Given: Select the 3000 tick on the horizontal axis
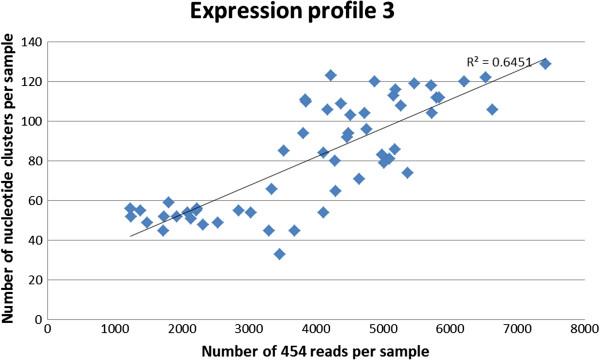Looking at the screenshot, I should pos(249,328).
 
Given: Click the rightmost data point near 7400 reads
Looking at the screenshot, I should pos(545,64).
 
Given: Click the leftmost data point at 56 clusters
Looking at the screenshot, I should pos(130,208).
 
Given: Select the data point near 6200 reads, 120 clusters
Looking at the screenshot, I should pos(464,81).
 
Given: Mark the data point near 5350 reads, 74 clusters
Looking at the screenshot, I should pos(407,172).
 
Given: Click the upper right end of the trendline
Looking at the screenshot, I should pos(545,59).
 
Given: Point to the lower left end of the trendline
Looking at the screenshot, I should pos(130,236).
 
